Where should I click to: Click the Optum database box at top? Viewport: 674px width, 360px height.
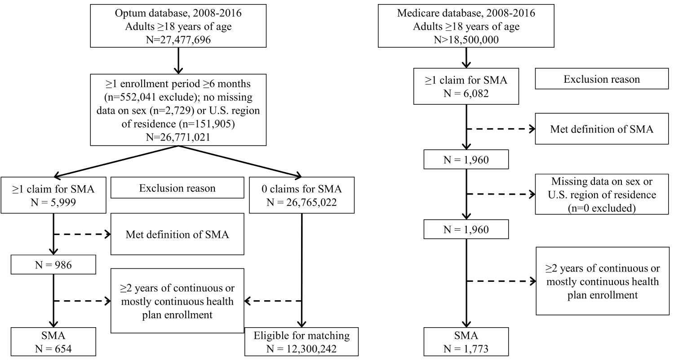pos(178,26)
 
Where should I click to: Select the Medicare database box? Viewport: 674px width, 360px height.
pos(466,26)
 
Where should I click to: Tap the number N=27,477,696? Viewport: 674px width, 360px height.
pos(178,40)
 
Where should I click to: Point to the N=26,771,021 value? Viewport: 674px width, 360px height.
pos(178,137)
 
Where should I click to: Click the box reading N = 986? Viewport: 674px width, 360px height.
pos(53,265)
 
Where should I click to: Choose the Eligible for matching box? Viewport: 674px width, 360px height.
pos(302,342)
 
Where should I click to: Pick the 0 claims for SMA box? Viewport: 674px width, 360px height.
pos(302,195)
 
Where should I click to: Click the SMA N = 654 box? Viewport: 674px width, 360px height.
pos(53,342)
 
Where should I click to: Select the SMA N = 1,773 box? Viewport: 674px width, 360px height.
pos(466,342)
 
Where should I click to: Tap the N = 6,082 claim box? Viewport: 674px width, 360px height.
pos(466,86)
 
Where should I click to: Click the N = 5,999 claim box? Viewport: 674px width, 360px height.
pos(53,195)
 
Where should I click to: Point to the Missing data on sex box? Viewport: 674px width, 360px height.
pos(602,194)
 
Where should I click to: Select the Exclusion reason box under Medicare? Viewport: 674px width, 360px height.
pos(602,79)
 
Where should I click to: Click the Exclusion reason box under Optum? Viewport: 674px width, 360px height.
pos(177,187)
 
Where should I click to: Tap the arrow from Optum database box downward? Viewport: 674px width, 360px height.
pos(178,61)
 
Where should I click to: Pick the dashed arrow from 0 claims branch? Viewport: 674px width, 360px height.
pos(273,301)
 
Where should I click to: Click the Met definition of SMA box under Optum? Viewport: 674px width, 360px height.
pos(177,234)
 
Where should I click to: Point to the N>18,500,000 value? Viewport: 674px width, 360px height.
pos(466,40)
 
